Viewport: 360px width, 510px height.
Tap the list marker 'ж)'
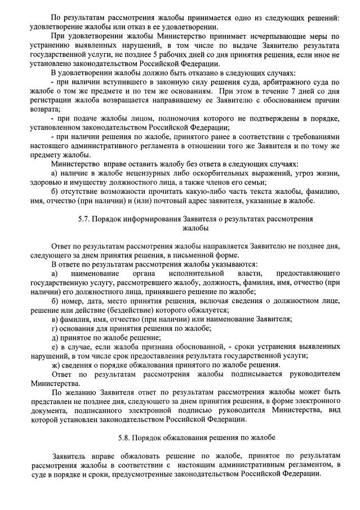55,365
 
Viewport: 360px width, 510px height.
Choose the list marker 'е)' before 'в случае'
54,347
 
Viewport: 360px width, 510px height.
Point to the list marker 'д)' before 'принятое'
54,338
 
